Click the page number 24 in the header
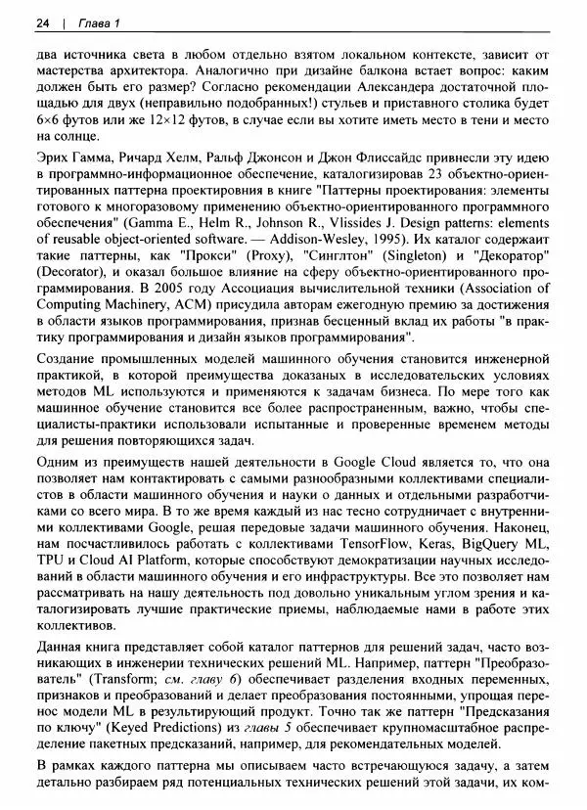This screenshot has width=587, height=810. pos(41,22)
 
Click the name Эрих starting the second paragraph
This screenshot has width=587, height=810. pos(51,157)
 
